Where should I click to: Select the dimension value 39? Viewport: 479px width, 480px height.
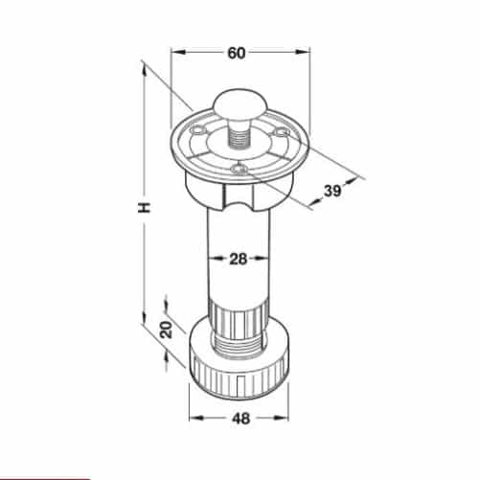[x=333, y=191]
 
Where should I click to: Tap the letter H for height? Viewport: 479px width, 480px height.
[x=143, y=207]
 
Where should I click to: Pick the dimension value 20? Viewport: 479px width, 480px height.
[x=166, y=331]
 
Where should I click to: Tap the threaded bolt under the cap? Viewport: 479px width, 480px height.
[x=238, y=134]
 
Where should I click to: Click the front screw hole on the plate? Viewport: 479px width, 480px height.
[x=238, y=170]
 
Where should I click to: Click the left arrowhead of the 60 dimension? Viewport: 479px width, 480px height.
[x=175, y=53]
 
